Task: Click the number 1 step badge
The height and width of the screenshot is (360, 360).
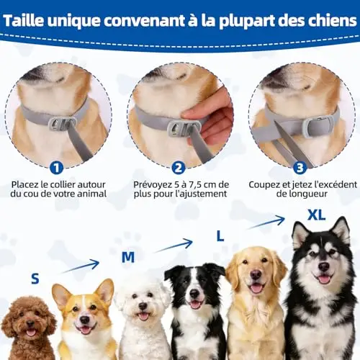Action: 57,168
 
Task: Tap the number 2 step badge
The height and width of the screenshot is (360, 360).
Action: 179,168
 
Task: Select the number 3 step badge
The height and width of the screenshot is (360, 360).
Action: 300,168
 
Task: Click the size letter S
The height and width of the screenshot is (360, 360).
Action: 35,279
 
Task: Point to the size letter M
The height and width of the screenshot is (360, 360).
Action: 128,257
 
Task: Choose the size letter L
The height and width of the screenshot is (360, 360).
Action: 220,236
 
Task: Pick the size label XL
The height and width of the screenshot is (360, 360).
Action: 317,215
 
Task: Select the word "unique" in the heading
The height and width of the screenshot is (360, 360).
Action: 73,22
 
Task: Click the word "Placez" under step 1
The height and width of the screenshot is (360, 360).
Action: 25,185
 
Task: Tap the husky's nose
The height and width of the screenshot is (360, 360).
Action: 324,266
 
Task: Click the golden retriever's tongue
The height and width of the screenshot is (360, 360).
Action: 256,288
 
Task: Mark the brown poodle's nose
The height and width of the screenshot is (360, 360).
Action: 30,323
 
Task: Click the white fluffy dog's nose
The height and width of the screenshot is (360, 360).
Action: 143,306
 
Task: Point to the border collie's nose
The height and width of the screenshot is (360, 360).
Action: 194,293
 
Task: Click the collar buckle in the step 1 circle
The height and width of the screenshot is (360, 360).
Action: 63,125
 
